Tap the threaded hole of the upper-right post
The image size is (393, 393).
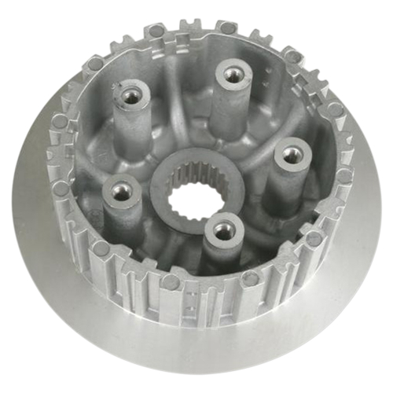coord(231,75)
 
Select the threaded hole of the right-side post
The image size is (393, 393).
coord(291,155)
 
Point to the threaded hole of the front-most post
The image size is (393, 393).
coord(224,230)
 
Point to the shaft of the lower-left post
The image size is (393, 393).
coord(122,216)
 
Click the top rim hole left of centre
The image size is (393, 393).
coord(157,31)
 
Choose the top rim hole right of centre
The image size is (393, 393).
coord(226,28)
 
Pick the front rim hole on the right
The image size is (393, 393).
coord(250,277)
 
